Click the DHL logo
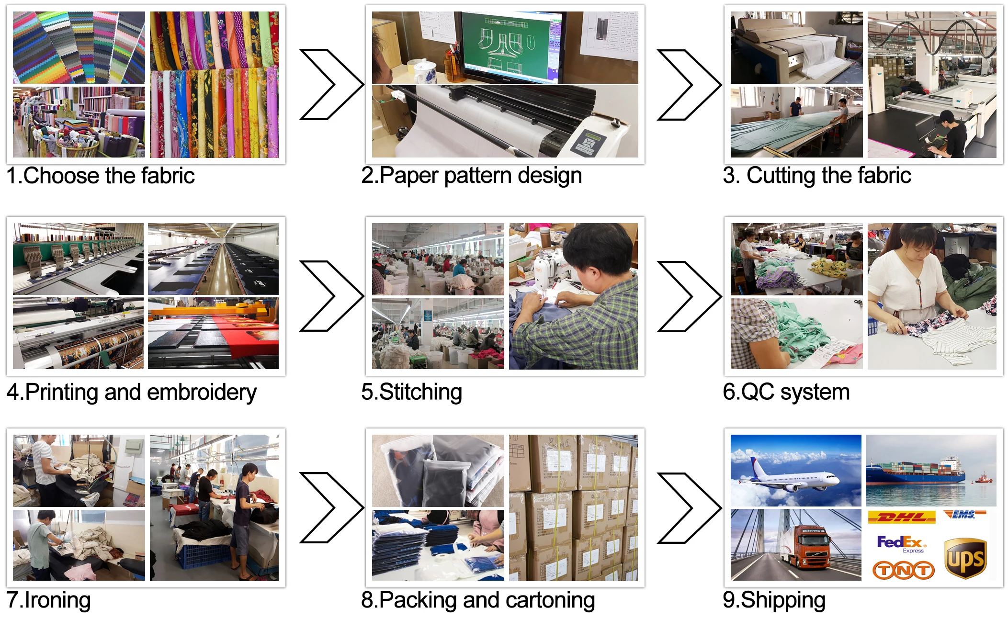[x=901, y=517]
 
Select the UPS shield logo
[x=965, y=558]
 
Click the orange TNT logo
[x=903, y=570]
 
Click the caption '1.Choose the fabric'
[x=101, y=176]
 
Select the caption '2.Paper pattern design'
[x=471, y=176]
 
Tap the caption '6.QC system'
[x=786, y=392]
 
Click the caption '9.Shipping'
[x=774, y=600]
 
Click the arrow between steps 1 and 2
[x=330, y=84]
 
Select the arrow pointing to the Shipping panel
[x=689, y=508]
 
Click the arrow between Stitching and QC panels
[x=689, y=296]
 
